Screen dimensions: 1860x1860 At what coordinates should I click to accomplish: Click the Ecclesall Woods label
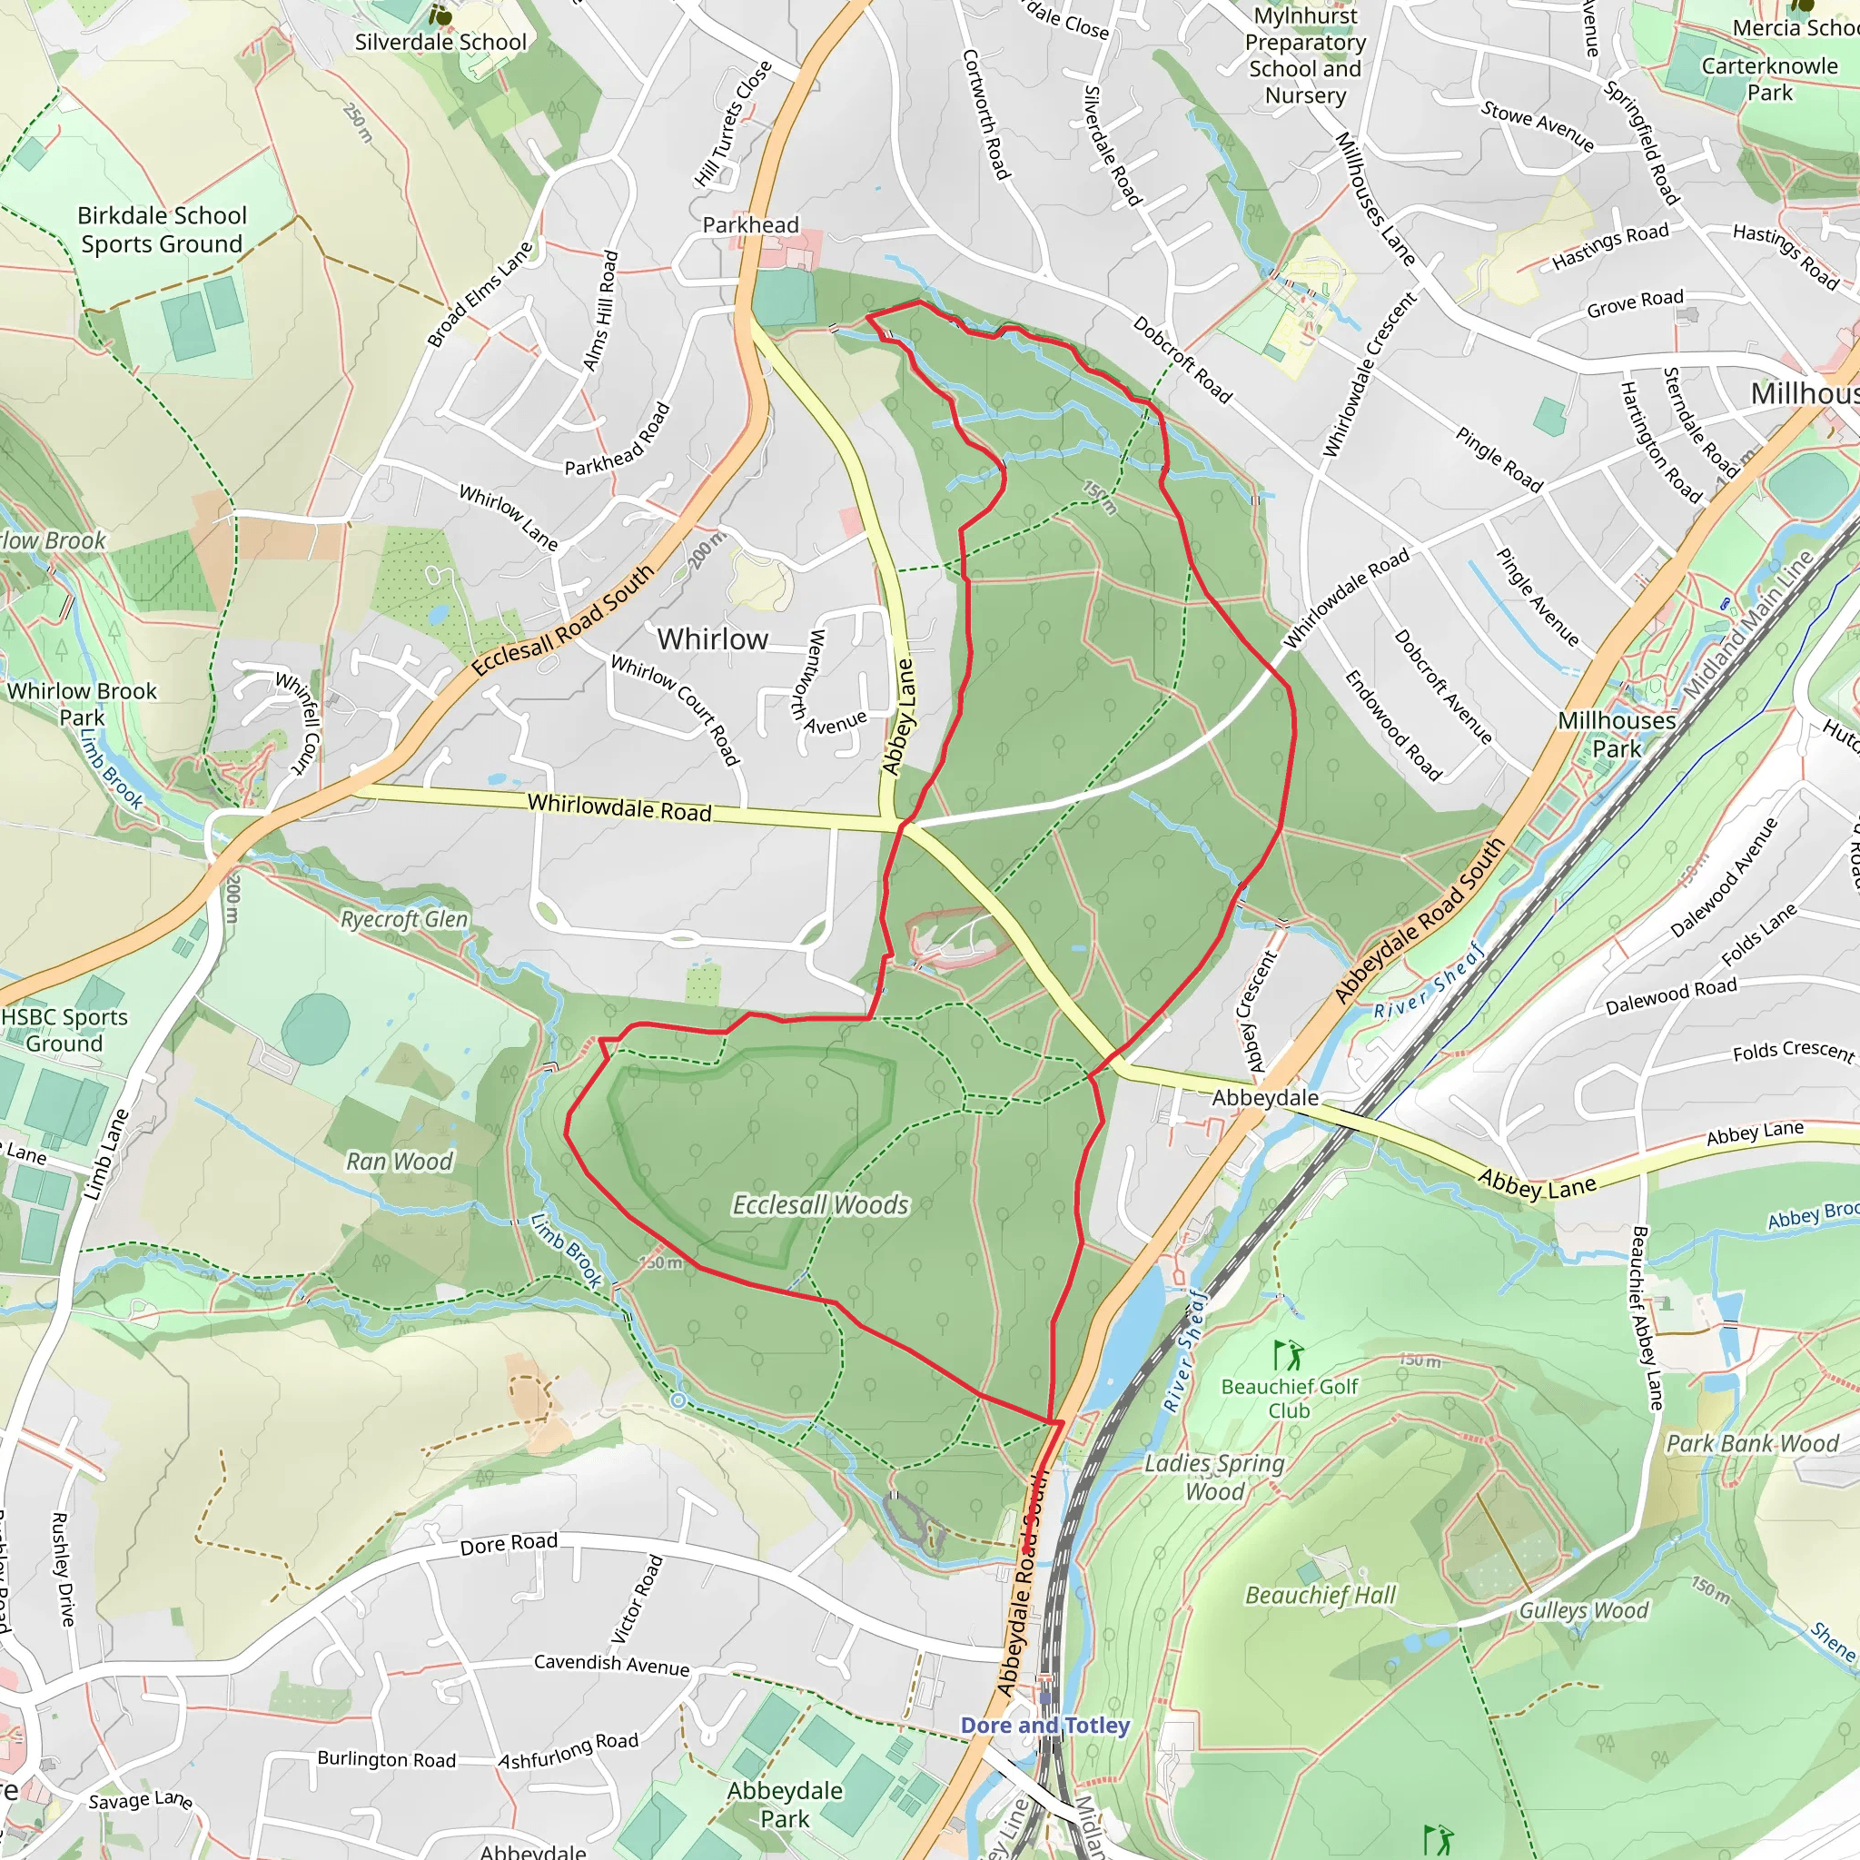click(x=820, y=1205)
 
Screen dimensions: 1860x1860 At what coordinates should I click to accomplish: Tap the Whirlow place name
click(x=712, y=639)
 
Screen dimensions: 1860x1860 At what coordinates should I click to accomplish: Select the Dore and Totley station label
click(x=1044, y=1726)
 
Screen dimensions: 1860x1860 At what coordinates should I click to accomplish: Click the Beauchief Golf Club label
click(x=1289, y=1398)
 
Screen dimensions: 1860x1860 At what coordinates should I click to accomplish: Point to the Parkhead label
click(x=750, y=225)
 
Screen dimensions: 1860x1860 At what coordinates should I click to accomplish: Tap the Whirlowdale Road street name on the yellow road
click(x=618, y=806)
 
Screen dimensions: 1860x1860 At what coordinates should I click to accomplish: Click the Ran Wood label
click(x=399, y=1162)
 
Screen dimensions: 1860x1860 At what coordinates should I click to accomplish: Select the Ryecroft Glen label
click(x=404, y=919)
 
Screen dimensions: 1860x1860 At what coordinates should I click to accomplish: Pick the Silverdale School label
click(x=440, y=43)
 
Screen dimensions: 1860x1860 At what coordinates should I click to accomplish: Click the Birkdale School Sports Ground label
click(x=162, y=229)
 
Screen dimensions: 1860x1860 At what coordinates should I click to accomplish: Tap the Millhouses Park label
click(x=1617, y=734)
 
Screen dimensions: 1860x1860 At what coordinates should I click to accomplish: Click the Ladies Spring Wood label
click(x=1214, y=1478)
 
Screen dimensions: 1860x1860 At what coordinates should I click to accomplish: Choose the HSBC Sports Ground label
click(x=64, y=1030)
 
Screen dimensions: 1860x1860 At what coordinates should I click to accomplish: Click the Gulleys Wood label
click(x=1584, y=1610)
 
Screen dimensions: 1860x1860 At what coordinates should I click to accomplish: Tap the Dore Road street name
click(x=509, y=1544)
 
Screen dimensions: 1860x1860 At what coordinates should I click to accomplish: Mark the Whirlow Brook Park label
click(x=82, y=704)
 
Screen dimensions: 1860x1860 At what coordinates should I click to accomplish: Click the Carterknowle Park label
click(x=1769, y=79)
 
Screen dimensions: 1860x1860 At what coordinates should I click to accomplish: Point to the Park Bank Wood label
click(x=1752, y=1443)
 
